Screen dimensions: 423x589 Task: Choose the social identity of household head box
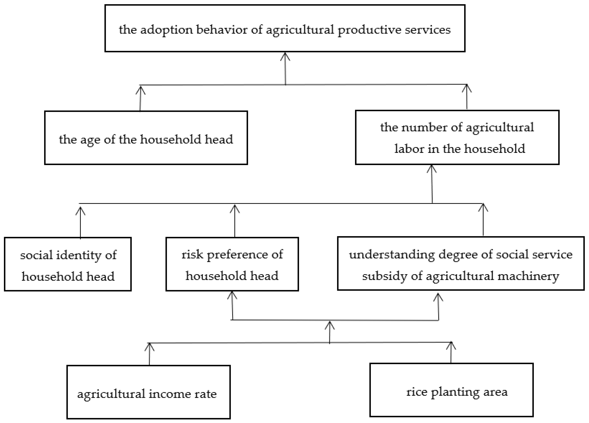click(x=68, y=264)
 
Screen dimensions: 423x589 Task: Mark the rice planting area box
click(x=451, y=390)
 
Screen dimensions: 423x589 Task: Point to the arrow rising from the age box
click(x=140, y=99)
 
